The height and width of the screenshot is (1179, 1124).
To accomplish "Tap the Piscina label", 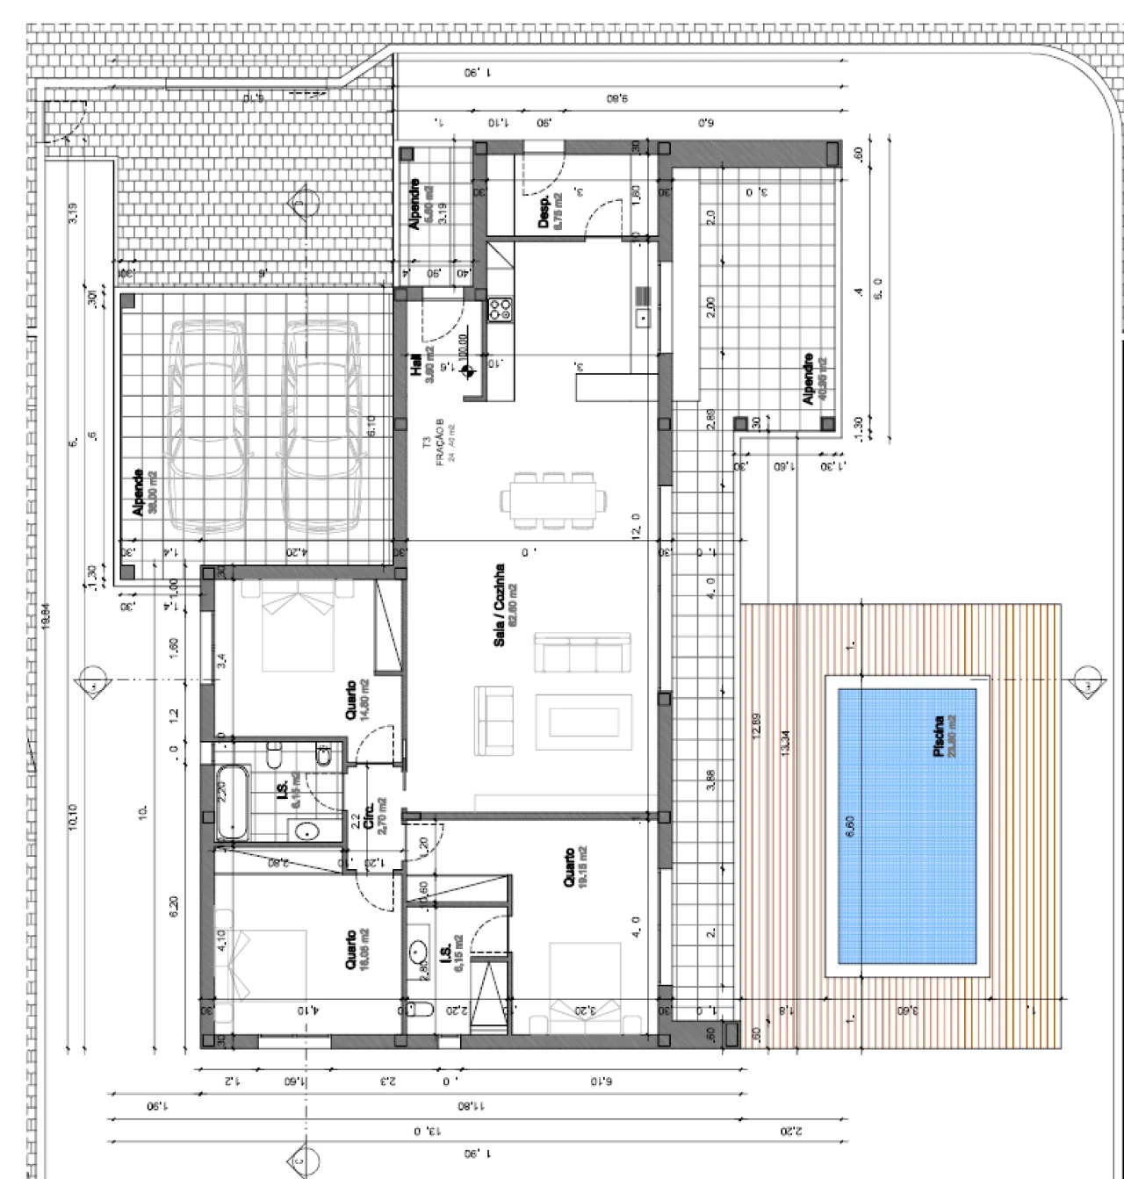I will click(x=944, y=736).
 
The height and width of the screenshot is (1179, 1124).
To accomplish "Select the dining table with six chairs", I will click(x=553, y=501).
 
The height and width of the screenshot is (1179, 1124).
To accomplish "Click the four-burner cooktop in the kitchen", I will click(x=501, y=309).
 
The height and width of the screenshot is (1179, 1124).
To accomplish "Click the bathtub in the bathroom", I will click(x=233, y=801).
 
